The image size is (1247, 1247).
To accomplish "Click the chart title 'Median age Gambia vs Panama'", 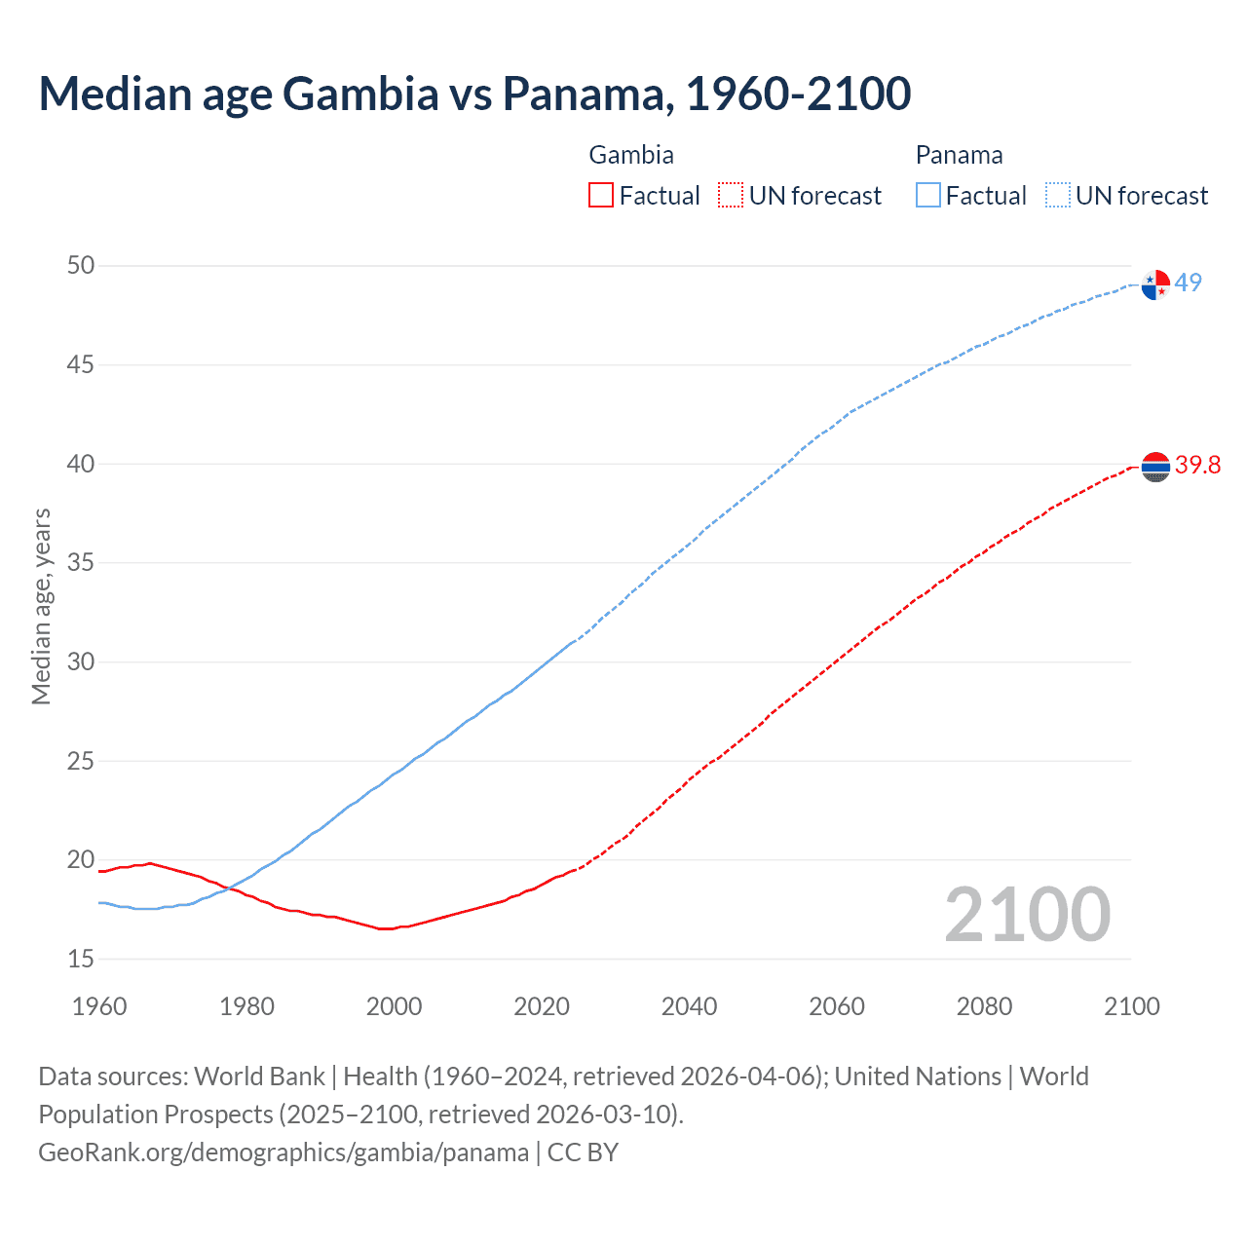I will (x=474, y=94).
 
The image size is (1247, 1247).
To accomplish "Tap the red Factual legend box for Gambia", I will (x=601, y=195).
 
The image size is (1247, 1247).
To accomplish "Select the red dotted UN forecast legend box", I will (x=731, y=195).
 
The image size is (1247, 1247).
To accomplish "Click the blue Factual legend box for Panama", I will (x=928, y=195).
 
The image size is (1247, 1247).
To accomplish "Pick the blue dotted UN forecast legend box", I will (x=1057, y=195).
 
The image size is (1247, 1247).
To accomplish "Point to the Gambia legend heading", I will (x=631, y=155).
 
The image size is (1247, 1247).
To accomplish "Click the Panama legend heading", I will (x=959, y=155).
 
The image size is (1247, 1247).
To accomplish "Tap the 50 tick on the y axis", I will (x=81, y=266).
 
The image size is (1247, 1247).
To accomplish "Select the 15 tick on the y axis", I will (x=81, y=960).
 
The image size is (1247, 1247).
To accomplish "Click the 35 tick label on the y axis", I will (x=81, y=563).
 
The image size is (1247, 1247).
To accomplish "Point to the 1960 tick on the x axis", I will (x=99, y=1006).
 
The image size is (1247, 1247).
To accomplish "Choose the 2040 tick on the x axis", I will (x=689, y=1006).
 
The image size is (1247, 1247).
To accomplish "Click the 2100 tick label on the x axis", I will (x=1131, y=1006).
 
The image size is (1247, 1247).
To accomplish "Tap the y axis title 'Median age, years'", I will (x=41, y=606).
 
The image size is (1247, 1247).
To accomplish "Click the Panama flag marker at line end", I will (x=1155, y=284).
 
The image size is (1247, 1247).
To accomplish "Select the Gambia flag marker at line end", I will (x=1155, y=467).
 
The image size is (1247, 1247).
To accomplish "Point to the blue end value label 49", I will (x=1188, y=283).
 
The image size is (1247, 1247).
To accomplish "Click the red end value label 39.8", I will (x=1197, y=466).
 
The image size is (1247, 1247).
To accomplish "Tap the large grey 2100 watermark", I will (x=1027, y=914).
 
